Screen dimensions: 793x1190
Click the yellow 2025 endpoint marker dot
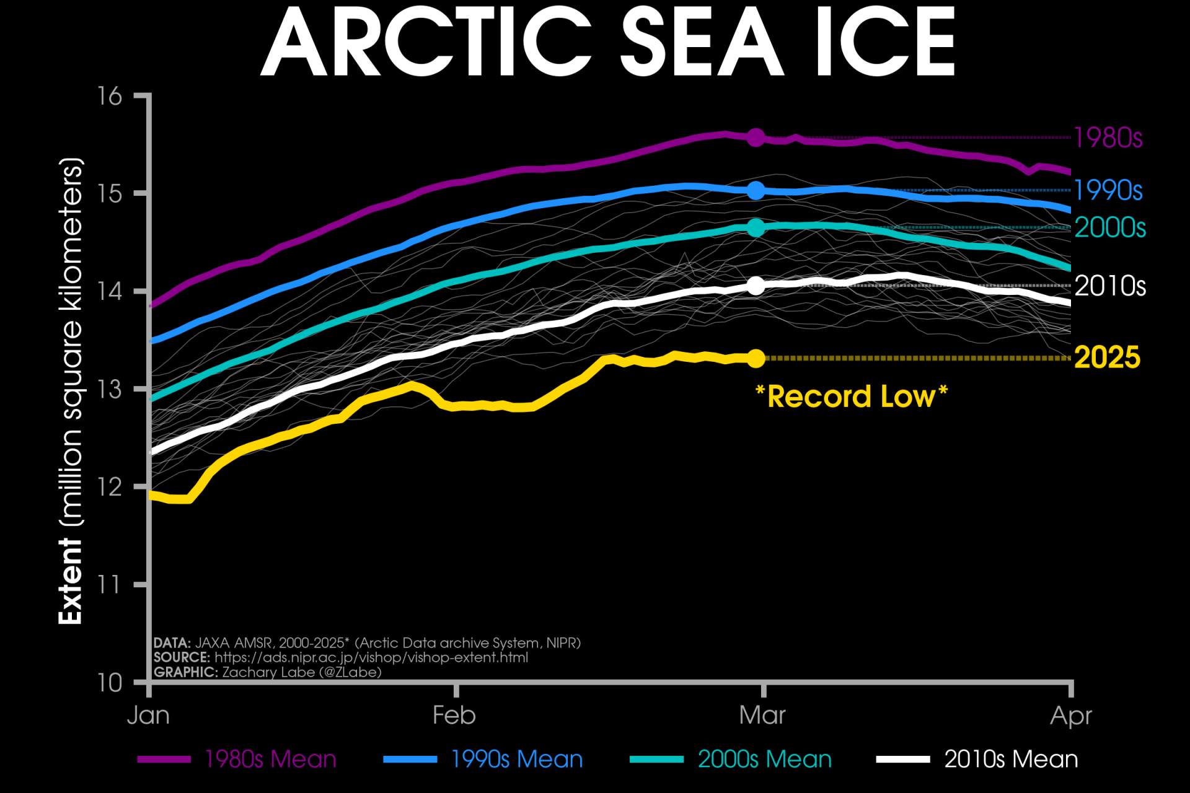756,358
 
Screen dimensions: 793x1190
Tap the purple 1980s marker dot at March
756,138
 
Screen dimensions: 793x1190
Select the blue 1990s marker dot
756,190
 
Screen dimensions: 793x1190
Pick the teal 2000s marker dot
756,228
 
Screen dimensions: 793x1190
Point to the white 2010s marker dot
756,286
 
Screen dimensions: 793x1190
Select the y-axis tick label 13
110,389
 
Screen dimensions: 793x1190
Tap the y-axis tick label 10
110,683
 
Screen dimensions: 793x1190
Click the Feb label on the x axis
454,716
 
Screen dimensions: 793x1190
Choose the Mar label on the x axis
762,716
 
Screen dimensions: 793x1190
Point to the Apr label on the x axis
1070,716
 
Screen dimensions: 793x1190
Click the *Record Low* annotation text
852,396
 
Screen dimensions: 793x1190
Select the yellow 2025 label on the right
1107,357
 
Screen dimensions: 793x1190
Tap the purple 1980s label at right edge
1108,138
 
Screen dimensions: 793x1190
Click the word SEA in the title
702,43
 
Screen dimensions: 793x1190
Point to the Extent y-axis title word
70,581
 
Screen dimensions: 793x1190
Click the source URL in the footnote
371,657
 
